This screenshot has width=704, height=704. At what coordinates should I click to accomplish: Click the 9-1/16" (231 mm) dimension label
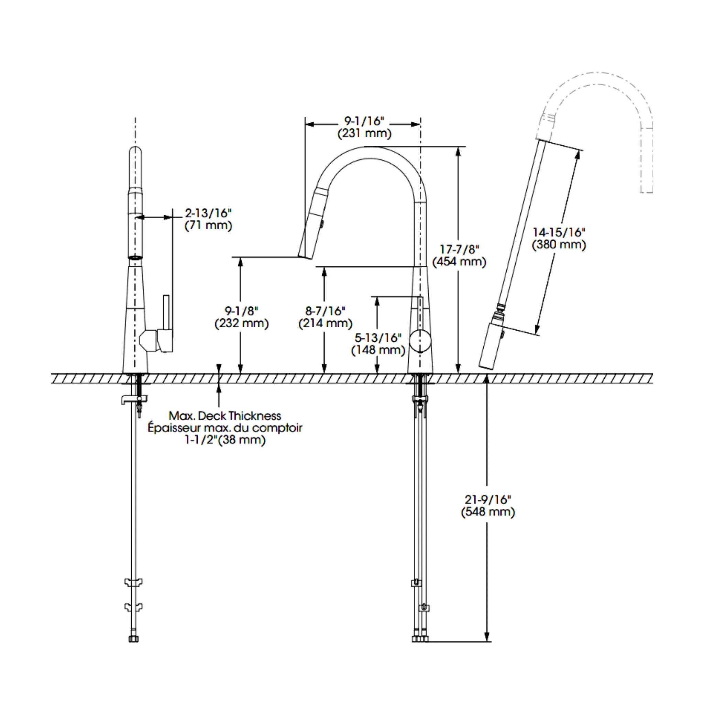coord(364,127)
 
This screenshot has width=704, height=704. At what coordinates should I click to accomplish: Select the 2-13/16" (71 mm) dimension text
coord(208,219)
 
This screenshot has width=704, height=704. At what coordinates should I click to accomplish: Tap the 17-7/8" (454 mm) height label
coord(459,256)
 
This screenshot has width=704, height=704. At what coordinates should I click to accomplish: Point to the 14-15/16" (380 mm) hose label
coord(559,239)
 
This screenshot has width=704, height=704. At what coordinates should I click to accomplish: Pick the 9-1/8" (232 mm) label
coord(242,317)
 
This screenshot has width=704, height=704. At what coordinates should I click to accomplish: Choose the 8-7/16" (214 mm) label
coord(326,317)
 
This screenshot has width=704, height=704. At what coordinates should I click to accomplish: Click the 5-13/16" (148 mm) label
coord(378,344)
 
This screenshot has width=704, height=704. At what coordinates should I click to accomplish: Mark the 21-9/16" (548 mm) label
coord(488,506)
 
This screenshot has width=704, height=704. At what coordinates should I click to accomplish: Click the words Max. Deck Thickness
coord(225,415)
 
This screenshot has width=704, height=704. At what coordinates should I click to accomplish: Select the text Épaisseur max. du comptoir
coord(225,427)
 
